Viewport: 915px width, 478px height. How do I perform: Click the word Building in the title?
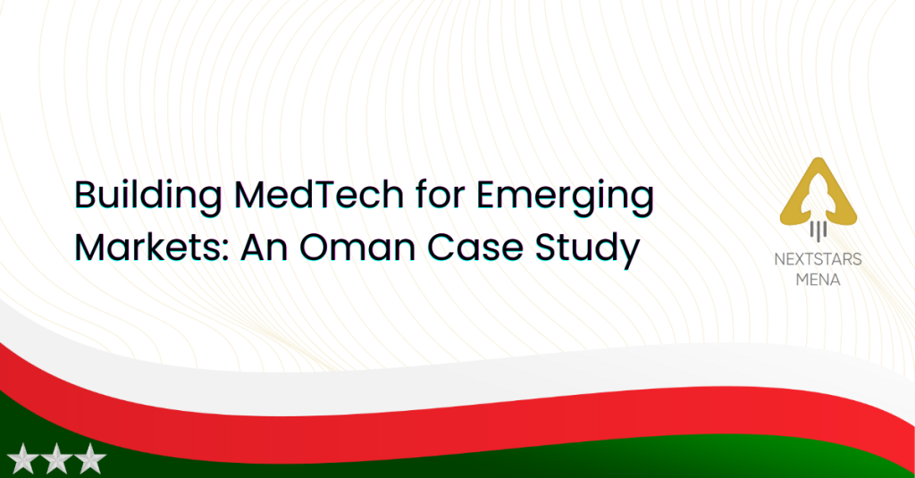coord(148,197)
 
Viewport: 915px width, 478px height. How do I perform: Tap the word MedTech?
coord(319,195)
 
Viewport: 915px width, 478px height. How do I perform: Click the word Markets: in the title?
coord(150,247)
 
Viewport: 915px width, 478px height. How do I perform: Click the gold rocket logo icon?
coord(818,193)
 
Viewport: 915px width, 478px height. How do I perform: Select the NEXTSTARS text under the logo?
coord(818,259)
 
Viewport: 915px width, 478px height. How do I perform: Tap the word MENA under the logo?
coord(818,281)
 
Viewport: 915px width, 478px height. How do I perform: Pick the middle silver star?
coord(56,458)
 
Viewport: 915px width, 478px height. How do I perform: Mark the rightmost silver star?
coord(89,458)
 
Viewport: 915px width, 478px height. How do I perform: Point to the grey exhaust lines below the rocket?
coord(818,230)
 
